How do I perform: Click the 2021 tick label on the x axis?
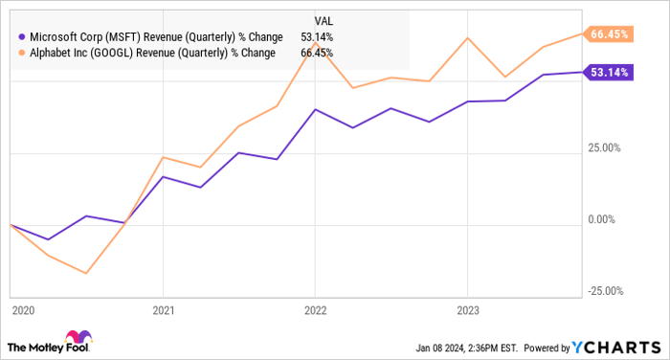coord(164,311)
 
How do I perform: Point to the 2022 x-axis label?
coord(315,311)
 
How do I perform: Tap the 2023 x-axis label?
coord(466,311)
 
